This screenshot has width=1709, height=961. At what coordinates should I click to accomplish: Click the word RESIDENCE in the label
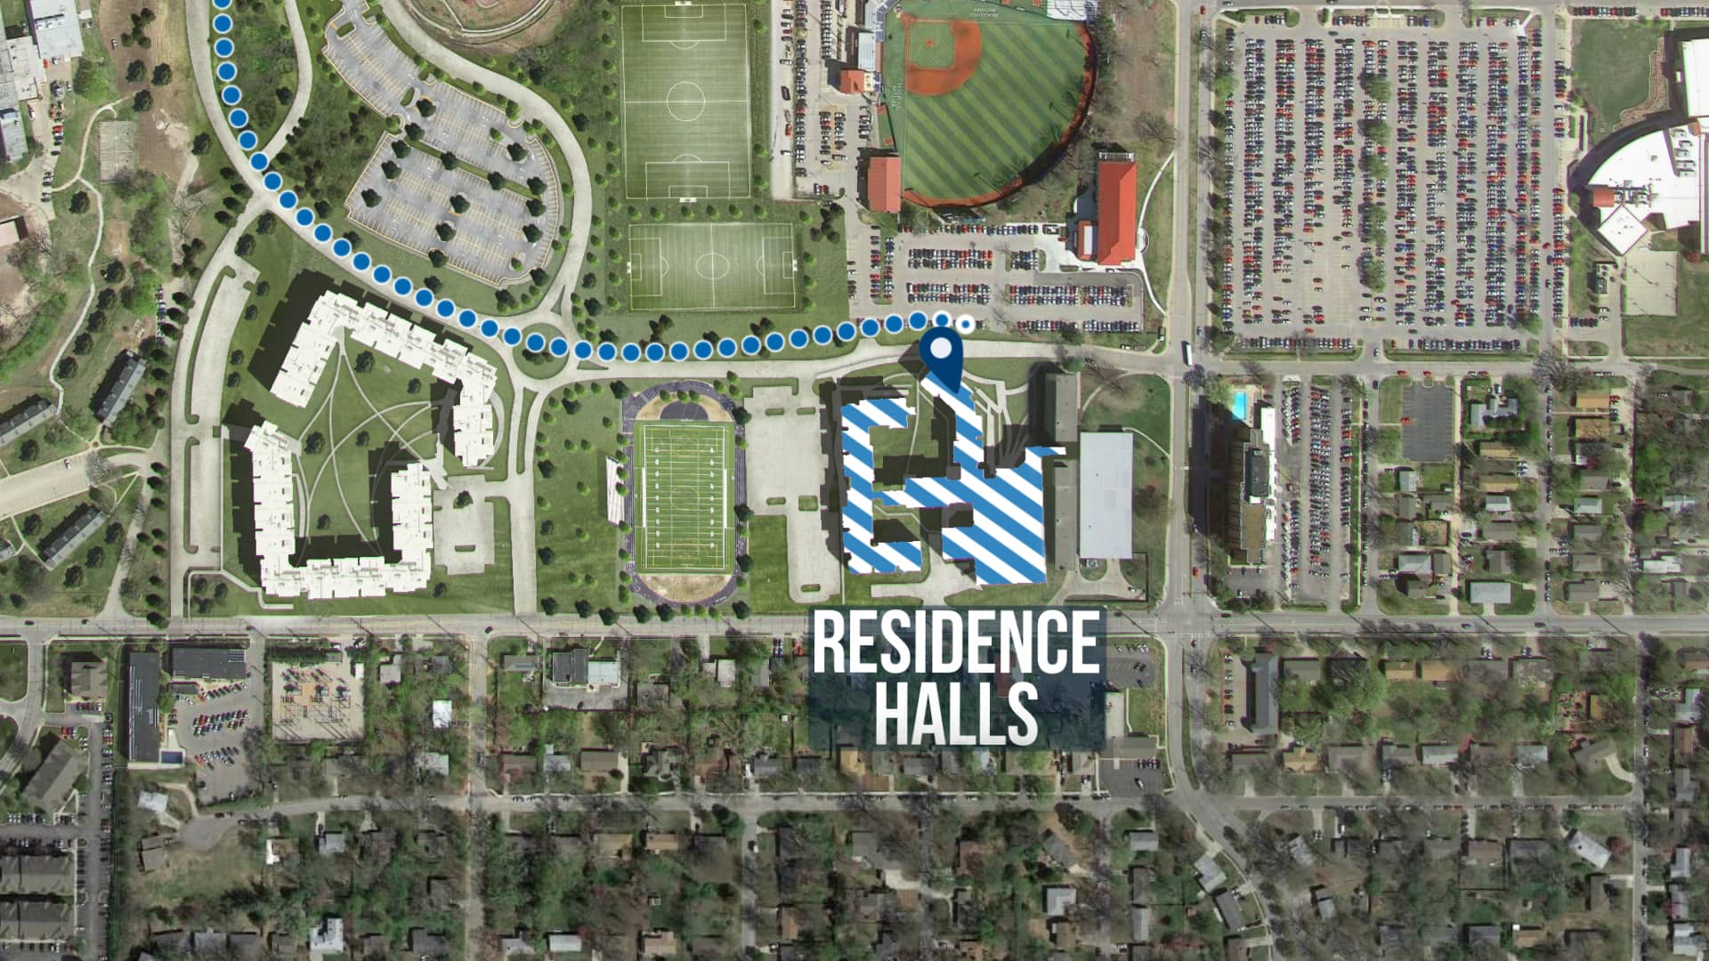(955, 642)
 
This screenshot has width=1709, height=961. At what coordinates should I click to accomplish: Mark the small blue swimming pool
(1239, 403)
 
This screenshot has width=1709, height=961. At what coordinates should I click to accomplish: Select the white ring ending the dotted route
(965, 321)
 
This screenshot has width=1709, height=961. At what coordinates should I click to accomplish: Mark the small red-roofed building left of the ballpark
(883, 184)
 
